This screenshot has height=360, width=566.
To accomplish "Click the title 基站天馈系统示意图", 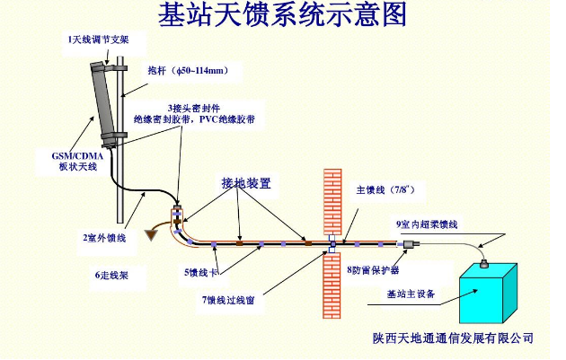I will (x=282, y=15).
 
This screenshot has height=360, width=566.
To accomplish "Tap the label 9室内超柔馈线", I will (x=427, y=224).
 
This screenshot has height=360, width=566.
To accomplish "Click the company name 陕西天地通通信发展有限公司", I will (x=454, y=338).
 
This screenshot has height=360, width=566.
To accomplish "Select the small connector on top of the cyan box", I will (x=482, y=262).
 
